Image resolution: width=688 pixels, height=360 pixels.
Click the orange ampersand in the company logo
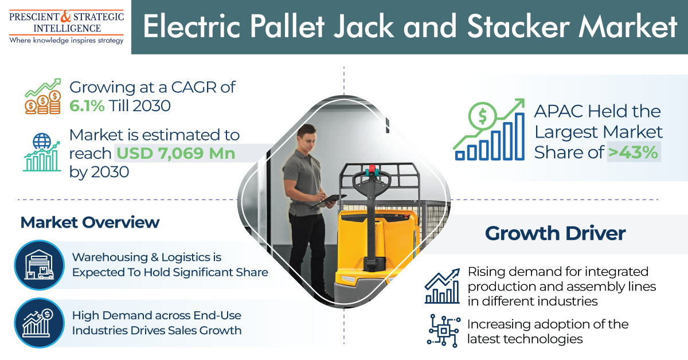[65, 16]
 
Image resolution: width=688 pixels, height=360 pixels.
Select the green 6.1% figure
[87, 106]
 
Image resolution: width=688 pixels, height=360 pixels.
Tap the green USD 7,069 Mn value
[175, 153]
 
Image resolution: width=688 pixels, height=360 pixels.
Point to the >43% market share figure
[633, 152]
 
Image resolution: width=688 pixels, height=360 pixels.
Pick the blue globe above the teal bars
[42, 141]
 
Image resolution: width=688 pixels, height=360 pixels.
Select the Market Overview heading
[90, 222]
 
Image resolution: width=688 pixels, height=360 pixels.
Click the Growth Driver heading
[556, 233]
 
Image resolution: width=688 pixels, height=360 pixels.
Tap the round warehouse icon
[40, 265]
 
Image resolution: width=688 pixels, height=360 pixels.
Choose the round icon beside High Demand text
[40, 323]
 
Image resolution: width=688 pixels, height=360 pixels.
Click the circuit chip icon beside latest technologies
[444, 331]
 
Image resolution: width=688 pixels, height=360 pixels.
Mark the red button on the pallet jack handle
[372, 169]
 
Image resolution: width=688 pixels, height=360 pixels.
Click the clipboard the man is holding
[329, 201]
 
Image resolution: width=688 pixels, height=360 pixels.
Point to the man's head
[307, 138]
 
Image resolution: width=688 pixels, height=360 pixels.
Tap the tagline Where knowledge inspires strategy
[67, 41]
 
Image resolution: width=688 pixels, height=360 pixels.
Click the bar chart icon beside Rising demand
[442, 286]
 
